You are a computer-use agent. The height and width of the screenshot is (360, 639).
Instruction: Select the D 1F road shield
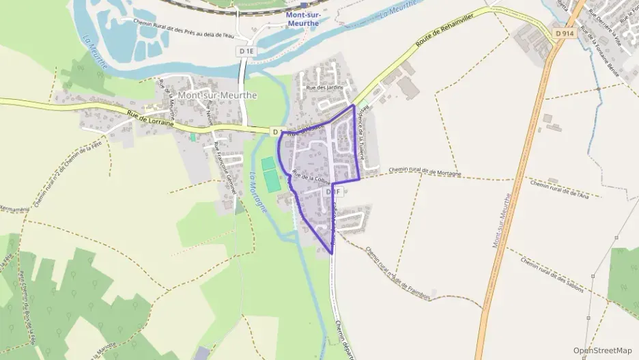(333, 192)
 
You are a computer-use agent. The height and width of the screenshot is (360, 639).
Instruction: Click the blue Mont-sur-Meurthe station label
(305, 18)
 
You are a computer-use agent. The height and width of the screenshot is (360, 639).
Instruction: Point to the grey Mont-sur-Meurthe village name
(217, 96)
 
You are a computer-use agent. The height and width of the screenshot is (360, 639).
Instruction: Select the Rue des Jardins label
(325, 87)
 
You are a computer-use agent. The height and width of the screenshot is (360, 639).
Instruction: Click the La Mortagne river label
(257, 191)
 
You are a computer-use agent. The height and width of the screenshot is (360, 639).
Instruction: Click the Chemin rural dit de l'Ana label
(559, 189)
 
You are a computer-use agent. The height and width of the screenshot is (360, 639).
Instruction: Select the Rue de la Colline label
(311, 177)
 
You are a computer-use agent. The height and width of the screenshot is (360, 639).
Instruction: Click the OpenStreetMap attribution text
(602, 350)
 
